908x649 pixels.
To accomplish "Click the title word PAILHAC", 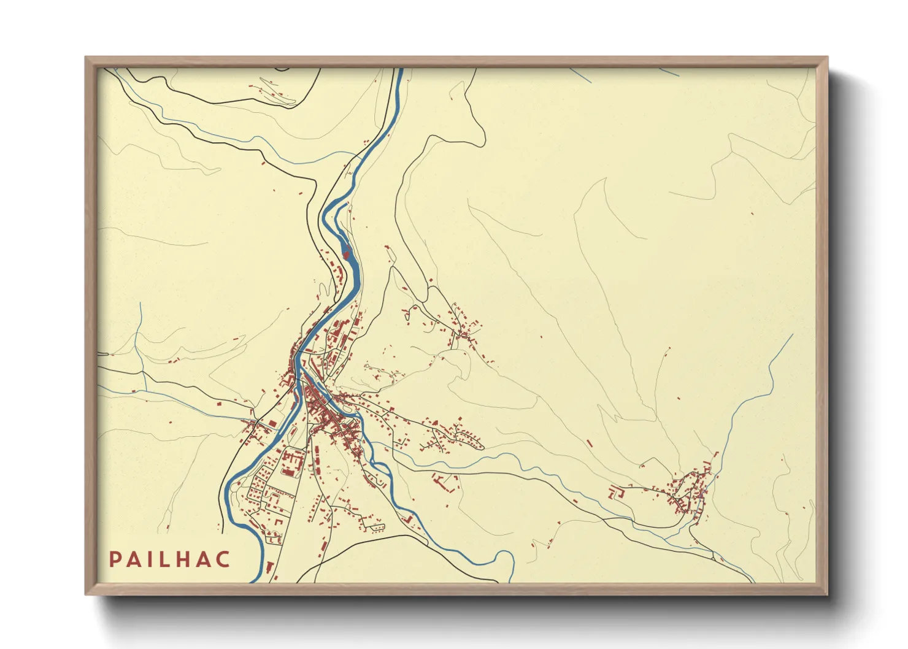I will [x=169, y=559].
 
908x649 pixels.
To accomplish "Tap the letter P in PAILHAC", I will [x=115, y=559].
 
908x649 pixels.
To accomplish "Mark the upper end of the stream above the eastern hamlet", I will [x=792, y=335].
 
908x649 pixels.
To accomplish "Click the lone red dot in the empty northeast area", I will [x=752, y=213].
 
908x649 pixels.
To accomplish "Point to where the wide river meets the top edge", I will [x=399, y=69].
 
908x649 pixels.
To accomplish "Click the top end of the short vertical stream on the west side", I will [x=140, y=302].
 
